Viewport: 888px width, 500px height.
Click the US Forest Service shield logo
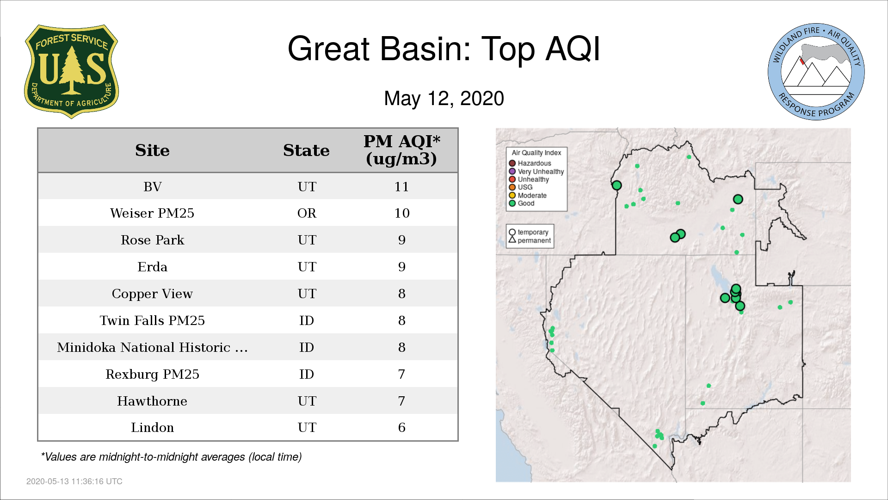point(71,72)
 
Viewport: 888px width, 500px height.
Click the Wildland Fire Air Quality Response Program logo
point(816,72)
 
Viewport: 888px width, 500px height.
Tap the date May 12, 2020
point(444,99)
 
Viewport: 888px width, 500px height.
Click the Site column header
point(152,150)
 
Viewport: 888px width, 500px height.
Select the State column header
point(306,150)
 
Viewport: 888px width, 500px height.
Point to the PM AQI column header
point(401,150)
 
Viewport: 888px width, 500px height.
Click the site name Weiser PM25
point(152,213)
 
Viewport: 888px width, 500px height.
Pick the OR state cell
point(307,213)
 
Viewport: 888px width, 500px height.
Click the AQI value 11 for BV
point(401,187)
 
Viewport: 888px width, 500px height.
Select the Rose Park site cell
point(152,240)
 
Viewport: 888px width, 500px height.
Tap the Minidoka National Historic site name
point(152,347)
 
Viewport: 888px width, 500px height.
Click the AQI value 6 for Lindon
point(401,427)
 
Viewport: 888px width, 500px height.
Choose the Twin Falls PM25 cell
point(152,320)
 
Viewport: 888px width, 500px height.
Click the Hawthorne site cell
point(152,401)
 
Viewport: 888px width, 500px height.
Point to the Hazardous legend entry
point(530,163)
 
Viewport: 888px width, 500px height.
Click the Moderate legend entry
point(528,195)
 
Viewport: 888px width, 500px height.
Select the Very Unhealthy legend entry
point(536,171)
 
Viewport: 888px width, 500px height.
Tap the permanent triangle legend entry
point(530,240)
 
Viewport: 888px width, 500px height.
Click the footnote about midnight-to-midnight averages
point(171,457)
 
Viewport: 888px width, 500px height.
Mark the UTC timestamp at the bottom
point(74,481)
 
